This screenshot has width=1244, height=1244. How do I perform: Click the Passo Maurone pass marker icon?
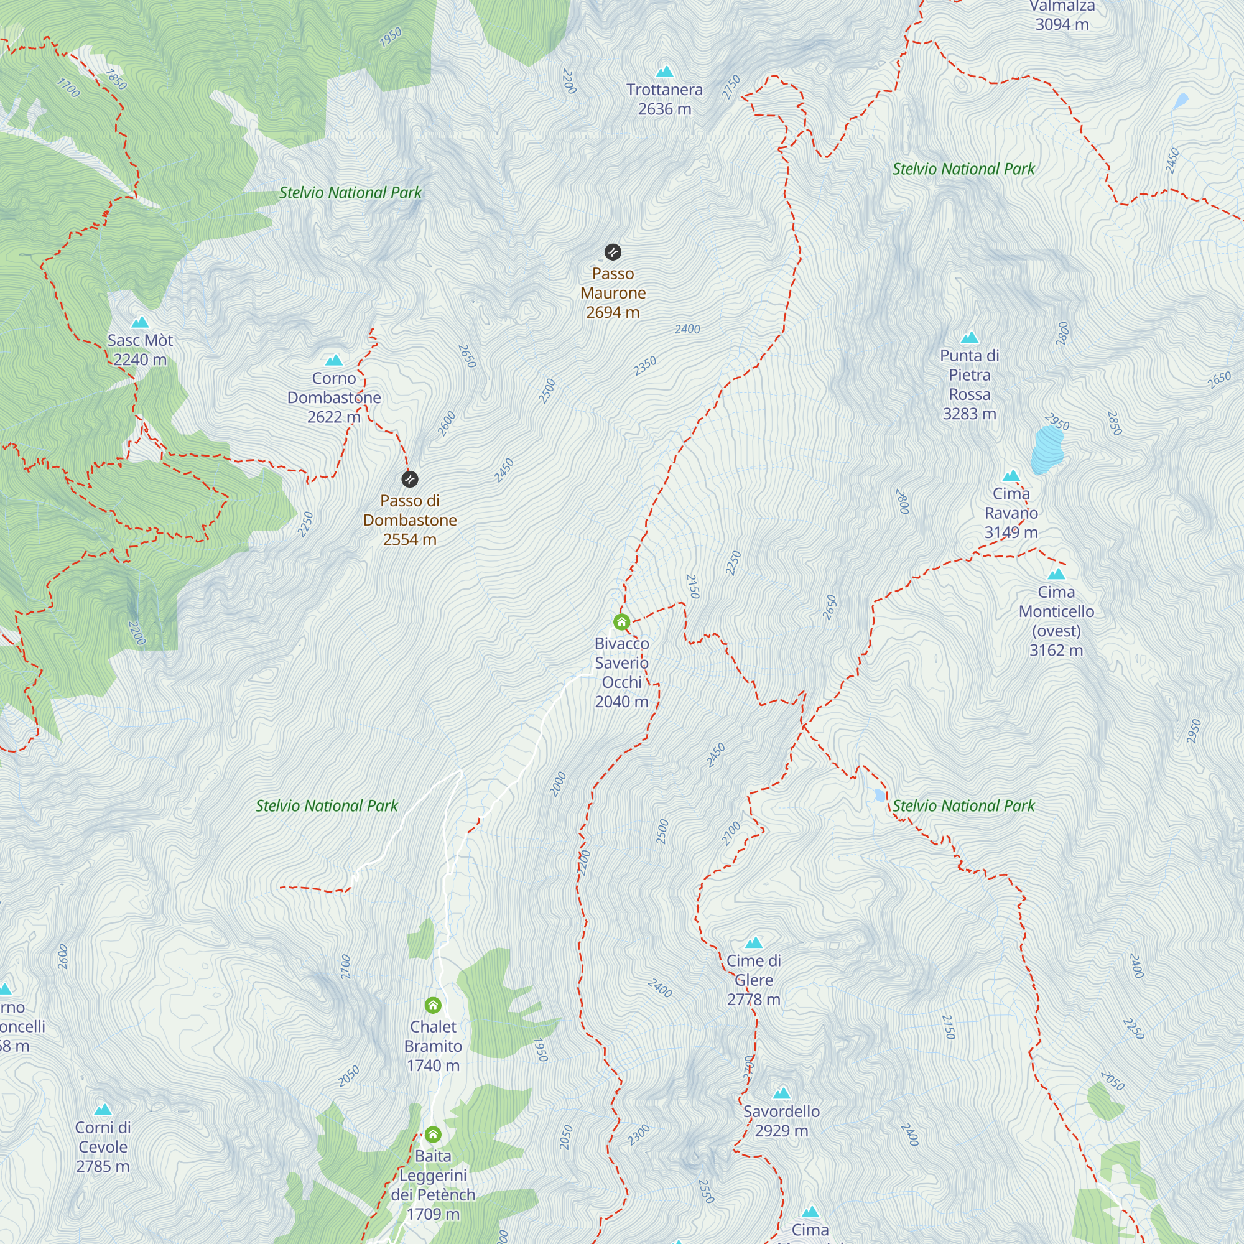[x=612, y=252]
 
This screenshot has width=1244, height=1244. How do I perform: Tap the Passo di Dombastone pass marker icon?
[x=409, y=479]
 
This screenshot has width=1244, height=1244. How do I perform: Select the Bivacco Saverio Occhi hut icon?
[x=621, y=622]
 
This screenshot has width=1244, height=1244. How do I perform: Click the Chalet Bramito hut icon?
[x=433, y=1005]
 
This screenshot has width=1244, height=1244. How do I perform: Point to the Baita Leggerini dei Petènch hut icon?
[x=433, y=1135]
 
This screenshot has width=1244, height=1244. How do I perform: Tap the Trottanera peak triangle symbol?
[x=664, y=71]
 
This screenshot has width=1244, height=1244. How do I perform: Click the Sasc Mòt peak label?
[x=140, y=350]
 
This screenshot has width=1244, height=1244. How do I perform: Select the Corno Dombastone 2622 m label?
[x=333, y=397]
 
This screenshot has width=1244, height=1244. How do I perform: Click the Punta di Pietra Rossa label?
[x=969, y=384]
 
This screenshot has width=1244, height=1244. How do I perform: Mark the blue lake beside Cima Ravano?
[x=1047, y=449]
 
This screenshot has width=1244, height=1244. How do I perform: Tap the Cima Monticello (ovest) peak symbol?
[x=1056, y=573]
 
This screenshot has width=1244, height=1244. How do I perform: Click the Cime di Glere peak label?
[x=753, y=980]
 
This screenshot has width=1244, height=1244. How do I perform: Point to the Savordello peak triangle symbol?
[x=781, y=1093]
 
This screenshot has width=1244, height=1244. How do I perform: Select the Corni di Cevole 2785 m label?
[x=103, y=1146]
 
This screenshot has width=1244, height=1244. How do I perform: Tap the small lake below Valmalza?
[x=1181, y=101]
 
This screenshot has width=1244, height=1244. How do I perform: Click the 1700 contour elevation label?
[x=68, y=87]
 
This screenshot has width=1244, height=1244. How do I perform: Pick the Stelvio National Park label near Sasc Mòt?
[x=350, y=193]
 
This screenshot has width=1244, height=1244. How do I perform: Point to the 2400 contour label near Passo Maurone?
[x=687, y=329]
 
